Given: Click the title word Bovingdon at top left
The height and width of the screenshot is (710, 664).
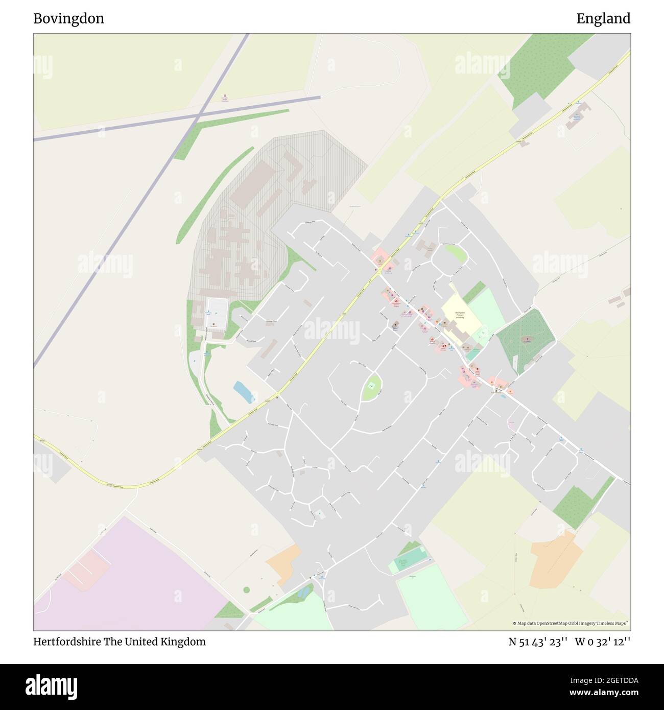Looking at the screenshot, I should coord(68,19).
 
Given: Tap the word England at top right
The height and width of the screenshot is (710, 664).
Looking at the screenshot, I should coord(603,19).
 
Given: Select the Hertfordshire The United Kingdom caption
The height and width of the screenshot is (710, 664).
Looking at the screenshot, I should coord(120,642).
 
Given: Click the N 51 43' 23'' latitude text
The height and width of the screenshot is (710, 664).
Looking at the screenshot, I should coord(538,642).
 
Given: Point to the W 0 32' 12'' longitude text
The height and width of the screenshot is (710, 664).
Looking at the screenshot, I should coord(602,642).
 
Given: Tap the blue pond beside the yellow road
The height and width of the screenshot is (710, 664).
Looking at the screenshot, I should coord(244,392).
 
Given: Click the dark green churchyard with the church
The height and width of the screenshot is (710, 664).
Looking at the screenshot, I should coord(526,338).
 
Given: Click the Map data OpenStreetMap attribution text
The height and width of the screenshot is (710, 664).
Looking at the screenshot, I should coord(571,623).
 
